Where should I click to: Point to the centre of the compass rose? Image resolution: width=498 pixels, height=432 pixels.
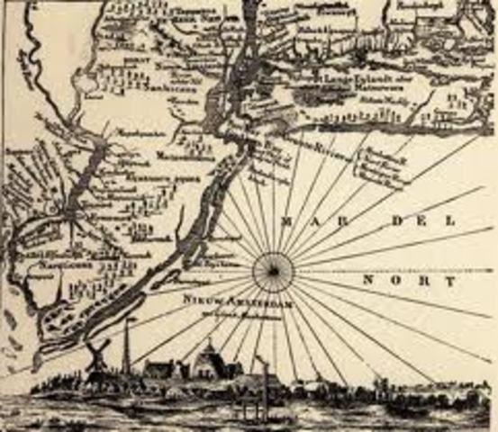tap(272, 268)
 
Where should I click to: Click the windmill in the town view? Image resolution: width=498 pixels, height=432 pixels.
tap(98, 353)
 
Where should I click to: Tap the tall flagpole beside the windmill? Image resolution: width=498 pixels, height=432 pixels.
tap(128, 346)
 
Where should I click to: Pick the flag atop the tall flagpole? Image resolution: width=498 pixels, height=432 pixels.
tap(131, 319)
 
